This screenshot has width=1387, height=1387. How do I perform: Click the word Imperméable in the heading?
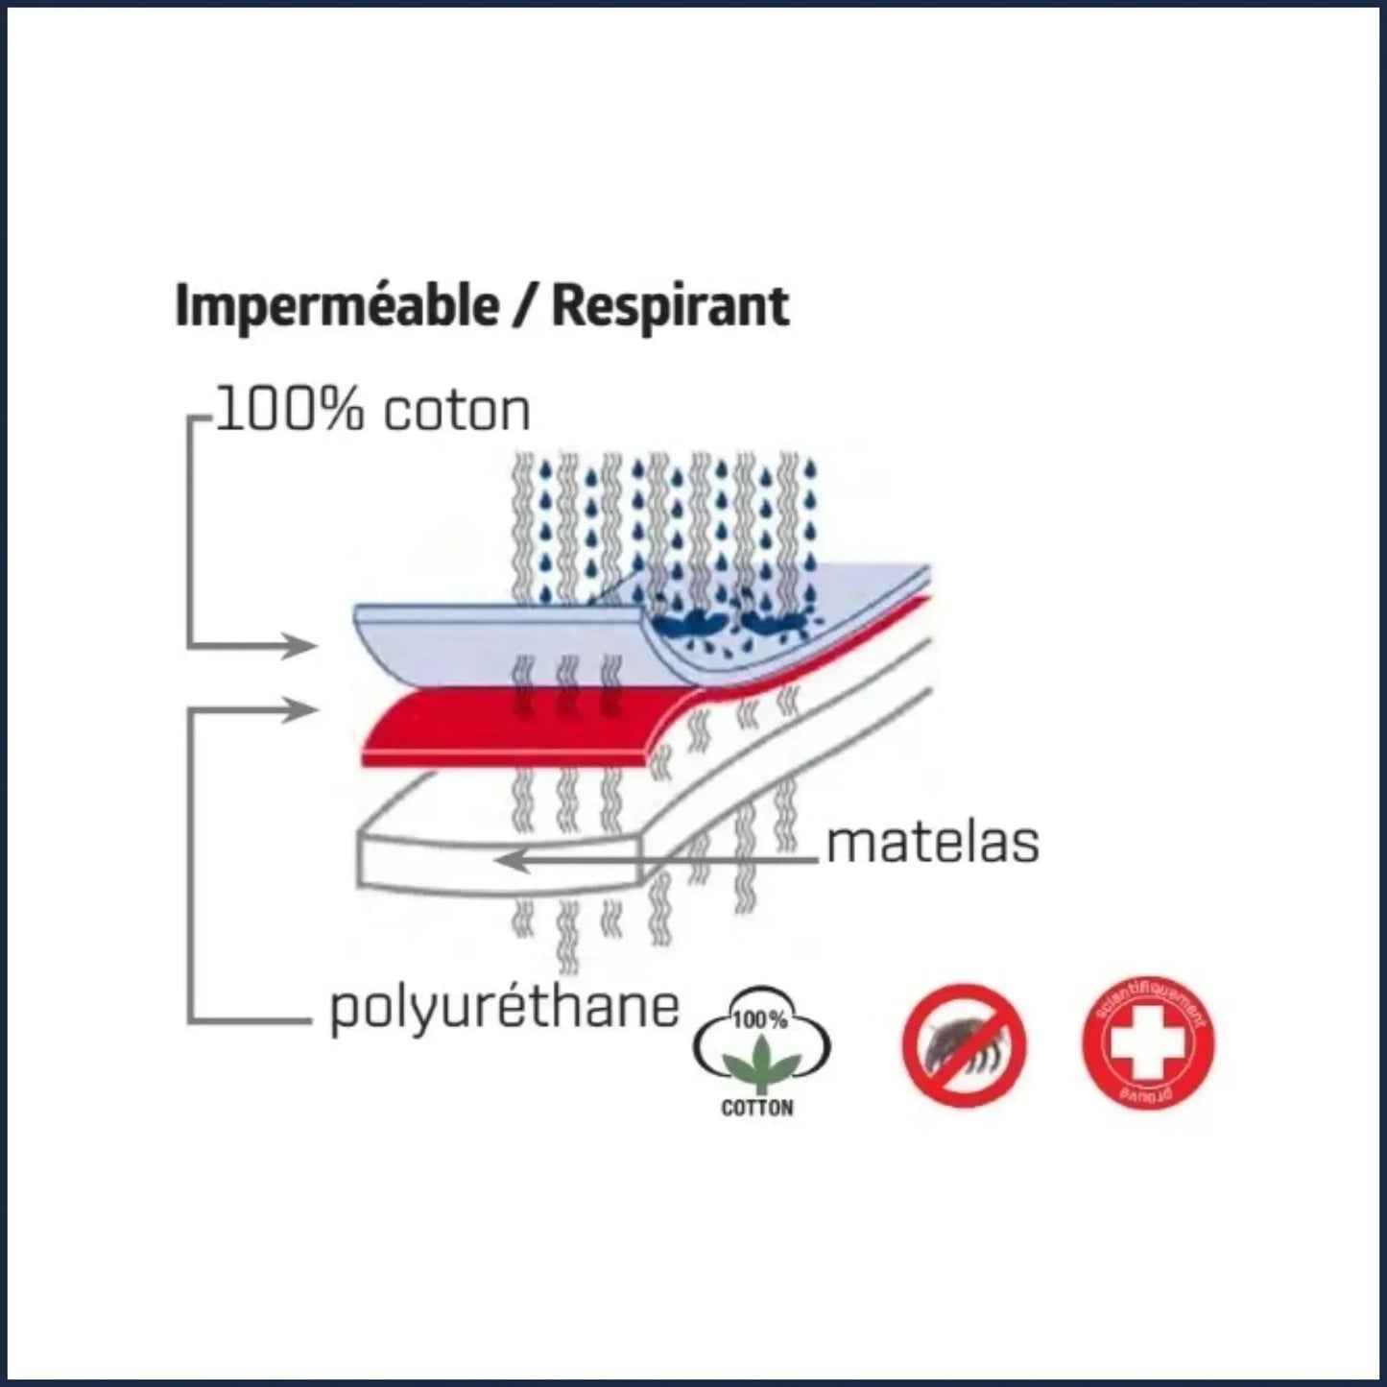336,307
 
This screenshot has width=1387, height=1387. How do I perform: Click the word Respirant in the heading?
671,307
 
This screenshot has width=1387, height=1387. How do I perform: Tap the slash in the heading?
524,307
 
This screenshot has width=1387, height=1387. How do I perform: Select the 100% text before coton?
289,411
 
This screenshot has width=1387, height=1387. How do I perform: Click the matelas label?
932,843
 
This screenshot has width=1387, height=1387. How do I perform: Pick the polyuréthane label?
504,1008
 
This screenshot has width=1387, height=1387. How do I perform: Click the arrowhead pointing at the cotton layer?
303,646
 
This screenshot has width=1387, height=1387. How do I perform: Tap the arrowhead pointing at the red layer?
303,711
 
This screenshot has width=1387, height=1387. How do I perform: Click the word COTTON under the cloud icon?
757,1109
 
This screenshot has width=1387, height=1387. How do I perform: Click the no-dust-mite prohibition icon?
965,1043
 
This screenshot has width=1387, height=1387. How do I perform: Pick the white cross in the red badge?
1148,1043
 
